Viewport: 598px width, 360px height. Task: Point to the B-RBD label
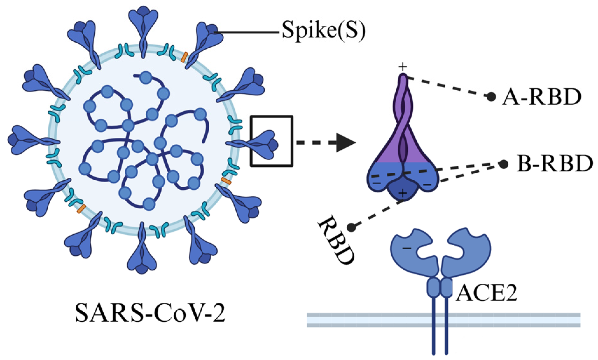tap(555, 163)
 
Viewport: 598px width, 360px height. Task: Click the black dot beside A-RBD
tap(491, 97)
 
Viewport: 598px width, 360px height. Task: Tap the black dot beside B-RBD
tap(504, 164)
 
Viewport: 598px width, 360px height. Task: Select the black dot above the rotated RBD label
tap(351, 227)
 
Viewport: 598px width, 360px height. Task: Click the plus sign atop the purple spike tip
tap(403, 67)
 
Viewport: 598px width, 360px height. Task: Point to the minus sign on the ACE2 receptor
tap(407, 248)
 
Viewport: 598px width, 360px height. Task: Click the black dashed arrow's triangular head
tap(346, 143)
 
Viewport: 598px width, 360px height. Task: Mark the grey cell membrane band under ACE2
tap(443, 320)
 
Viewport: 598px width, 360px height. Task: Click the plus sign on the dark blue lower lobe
tap(403, 193)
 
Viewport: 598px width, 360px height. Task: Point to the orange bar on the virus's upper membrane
tap(184, 57)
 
